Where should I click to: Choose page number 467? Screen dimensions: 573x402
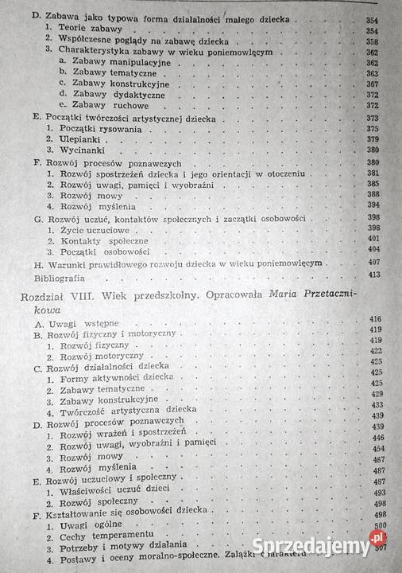(x=377, y=459)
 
